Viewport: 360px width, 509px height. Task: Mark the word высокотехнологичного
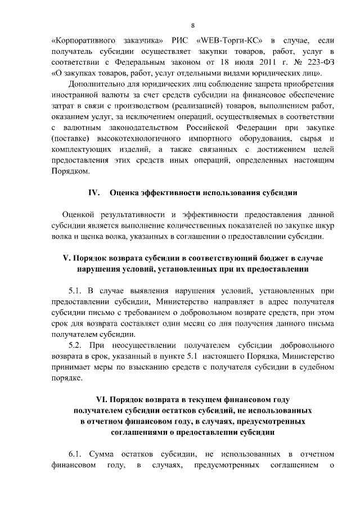coord(130,138)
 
